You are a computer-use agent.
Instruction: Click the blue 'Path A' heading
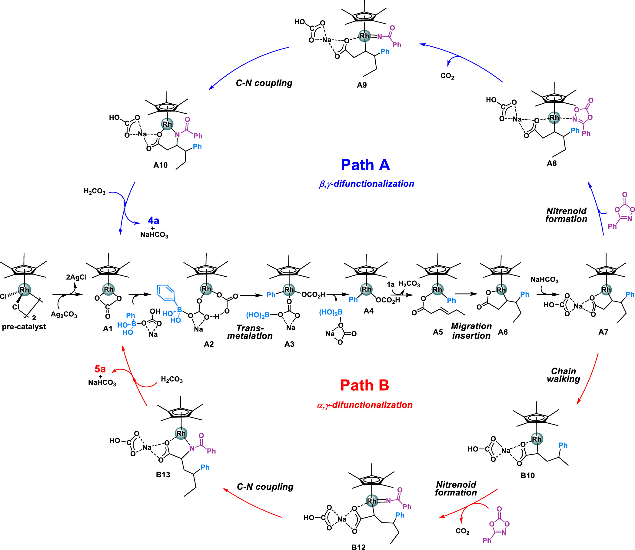[365, 165]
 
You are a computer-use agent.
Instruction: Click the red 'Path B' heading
[364, 385]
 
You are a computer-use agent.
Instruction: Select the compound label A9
[362, 85]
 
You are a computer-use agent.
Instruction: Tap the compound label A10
[161, 165]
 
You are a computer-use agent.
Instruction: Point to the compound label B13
[163, 475]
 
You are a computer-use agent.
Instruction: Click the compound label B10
[528, 475]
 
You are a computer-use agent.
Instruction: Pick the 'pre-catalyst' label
[24, 327]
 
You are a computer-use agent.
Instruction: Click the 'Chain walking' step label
[564, 375]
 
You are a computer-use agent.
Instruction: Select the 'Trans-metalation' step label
[250, 332]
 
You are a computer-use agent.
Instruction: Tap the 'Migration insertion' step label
[471, 331]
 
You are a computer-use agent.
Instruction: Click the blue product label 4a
[153, 220]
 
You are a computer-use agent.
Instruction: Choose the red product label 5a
[100, 368]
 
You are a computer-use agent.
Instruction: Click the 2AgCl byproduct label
[76, 277]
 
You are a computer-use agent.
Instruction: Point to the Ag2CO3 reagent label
[64, 315]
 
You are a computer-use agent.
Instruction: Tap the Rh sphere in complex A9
[364, 36]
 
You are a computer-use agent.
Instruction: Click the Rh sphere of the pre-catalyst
[24, 289]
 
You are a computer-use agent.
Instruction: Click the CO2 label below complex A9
[447, 76]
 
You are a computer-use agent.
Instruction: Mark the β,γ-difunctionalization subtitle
[367, 184]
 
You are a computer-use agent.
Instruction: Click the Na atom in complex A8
[517, 119]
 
